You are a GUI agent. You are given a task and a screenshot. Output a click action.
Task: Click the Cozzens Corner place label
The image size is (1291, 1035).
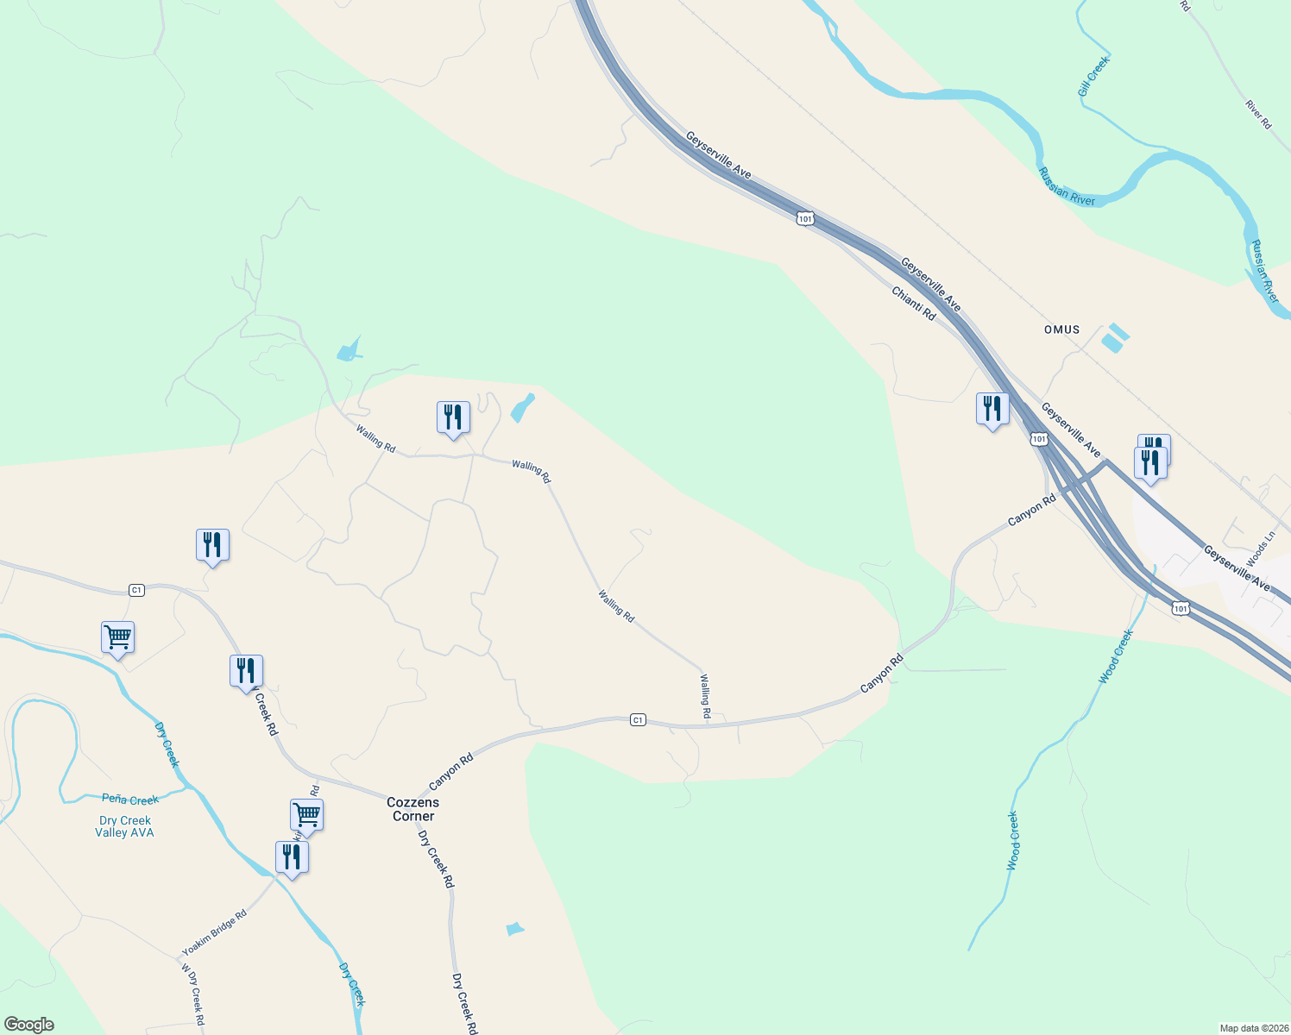412,809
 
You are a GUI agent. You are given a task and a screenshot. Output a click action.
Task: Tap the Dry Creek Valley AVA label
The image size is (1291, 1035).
125,826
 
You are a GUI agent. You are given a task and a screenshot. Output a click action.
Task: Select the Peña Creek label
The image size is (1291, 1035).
130,800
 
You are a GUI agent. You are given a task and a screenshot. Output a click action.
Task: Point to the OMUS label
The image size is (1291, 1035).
1061,329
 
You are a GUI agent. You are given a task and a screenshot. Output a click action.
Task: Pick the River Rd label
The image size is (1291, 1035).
1258,115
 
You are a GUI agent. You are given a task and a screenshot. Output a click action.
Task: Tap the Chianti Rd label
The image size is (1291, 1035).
913,304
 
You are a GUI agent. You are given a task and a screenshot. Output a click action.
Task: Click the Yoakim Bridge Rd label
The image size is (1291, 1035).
214,933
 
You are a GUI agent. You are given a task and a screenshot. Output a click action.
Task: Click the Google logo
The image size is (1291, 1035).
28,1025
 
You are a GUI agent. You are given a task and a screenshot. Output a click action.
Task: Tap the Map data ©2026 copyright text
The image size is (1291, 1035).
1253,1028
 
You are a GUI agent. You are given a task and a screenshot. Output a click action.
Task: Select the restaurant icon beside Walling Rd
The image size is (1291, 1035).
453,417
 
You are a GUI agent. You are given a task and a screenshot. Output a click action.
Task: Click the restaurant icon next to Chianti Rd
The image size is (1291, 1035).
992,408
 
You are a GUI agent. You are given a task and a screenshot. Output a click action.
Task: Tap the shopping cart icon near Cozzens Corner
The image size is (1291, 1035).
306,814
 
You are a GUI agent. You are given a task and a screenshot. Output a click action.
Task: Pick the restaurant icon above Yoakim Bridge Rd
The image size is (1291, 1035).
292,857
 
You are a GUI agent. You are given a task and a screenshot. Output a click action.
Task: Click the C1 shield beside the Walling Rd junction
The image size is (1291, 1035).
638,719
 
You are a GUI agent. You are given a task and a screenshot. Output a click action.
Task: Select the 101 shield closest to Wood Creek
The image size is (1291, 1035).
1181,609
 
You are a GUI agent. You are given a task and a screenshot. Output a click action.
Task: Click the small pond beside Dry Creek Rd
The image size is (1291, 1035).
514,929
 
